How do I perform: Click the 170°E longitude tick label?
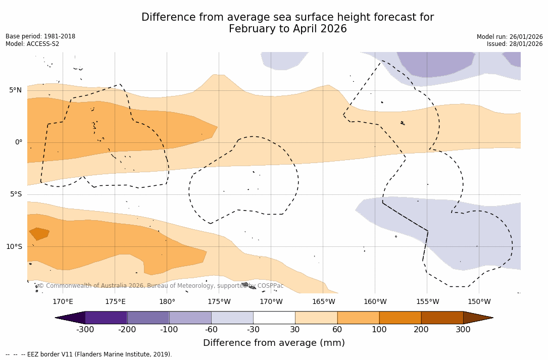[x=63, y=302]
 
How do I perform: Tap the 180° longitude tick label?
[x=167, y=302]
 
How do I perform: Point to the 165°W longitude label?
[x=323, y=302]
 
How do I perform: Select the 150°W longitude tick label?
[x=479, y=302]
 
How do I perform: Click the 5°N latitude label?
[x=15, y=90]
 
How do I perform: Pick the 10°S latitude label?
[x=14, y=247]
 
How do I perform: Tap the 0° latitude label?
[x=18, y=142]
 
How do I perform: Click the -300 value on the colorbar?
[x=85, y=330]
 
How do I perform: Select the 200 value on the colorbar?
[x=421, y=330]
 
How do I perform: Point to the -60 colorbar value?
[x=211, y=330]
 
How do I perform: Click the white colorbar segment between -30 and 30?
[x=274, y=318]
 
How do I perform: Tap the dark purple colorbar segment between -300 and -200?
[x=106, y=318]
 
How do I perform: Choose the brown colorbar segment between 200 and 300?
[x=442, y=318]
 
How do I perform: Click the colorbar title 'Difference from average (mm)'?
[x=274, y=343]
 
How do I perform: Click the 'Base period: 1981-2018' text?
[x=40, y=36]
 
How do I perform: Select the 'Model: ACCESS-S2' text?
[x=32, y=44]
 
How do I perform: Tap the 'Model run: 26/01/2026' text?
[x=510, y=37]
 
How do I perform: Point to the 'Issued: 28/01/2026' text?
[x=515, y=44]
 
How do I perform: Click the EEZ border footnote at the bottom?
[x=89, y=354]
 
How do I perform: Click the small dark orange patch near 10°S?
[x=39, y=234]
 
